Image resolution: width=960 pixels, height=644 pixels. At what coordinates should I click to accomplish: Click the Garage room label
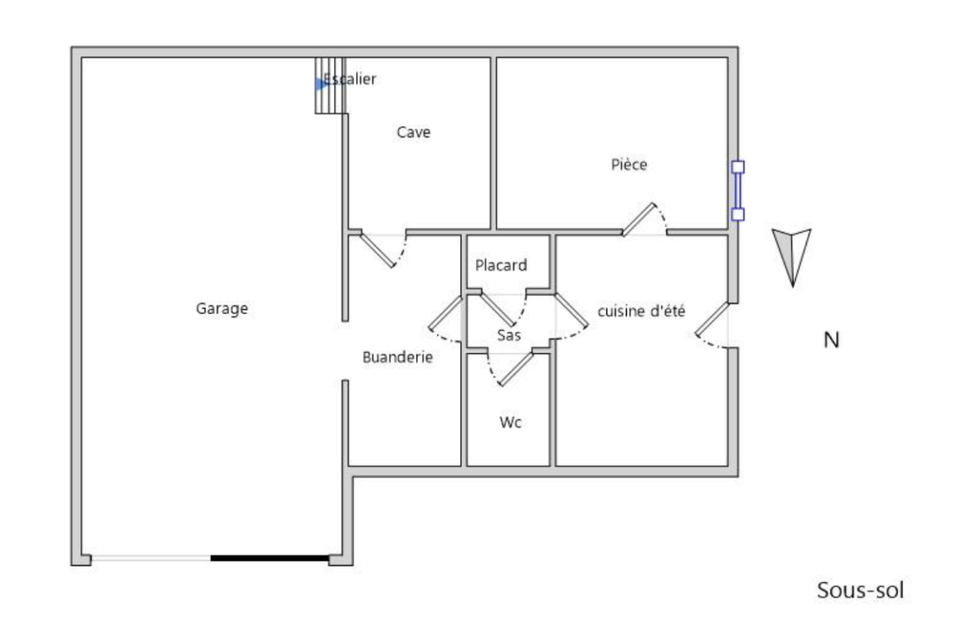coord(222,308)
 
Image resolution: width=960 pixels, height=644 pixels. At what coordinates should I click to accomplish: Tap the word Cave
coord(414,132)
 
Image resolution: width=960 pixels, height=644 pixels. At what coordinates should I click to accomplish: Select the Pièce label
coord(629,164)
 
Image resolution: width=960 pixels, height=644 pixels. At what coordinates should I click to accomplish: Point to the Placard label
coord(501,265)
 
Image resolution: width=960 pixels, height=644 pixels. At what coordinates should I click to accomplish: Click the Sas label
coord(509,335)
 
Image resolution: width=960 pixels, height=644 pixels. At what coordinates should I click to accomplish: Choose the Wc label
coord(510,422)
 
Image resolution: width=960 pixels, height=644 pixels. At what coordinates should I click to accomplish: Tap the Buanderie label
coord(397,357)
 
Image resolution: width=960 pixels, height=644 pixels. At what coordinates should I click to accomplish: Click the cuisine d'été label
coord(641,311)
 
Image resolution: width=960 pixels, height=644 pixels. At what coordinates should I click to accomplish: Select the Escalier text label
coord(350,79)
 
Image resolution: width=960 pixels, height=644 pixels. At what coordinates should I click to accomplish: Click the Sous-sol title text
coord(860,590)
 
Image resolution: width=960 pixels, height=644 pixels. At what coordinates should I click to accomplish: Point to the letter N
coord(831,340)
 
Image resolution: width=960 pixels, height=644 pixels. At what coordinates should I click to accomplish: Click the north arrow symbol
coord(792,257)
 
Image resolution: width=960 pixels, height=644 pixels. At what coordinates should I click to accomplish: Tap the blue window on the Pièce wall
coord(738,190)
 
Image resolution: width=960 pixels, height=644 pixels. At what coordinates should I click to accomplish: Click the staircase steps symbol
coord(330,85)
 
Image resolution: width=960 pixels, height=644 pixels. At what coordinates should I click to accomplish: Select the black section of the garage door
coord(270,559)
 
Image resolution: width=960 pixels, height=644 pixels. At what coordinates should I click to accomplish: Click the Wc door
coord(516,368)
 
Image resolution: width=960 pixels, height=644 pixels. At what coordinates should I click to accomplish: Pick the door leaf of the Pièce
coord(638,219)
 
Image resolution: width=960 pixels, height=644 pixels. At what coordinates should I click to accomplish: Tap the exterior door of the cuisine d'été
coord(711,319)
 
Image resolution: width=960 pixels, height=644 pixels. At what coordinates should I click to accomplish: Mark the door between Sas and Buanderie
coord(445,313)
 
